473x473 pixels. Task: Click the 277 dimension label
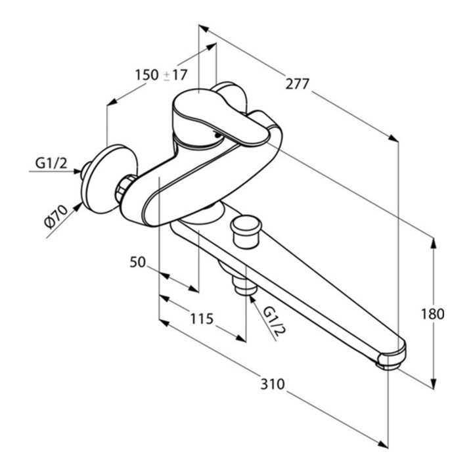[298, 83]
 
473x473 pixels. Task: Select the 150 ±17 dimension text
[161, 75]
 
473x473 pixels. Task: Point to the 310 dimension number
[271, 384]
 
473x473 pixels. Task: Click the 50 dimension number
[137, 262]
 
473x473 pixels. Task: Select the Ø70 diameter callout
[57, 216]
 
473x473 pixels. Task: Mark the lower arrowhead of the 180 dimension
[434, 386]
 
